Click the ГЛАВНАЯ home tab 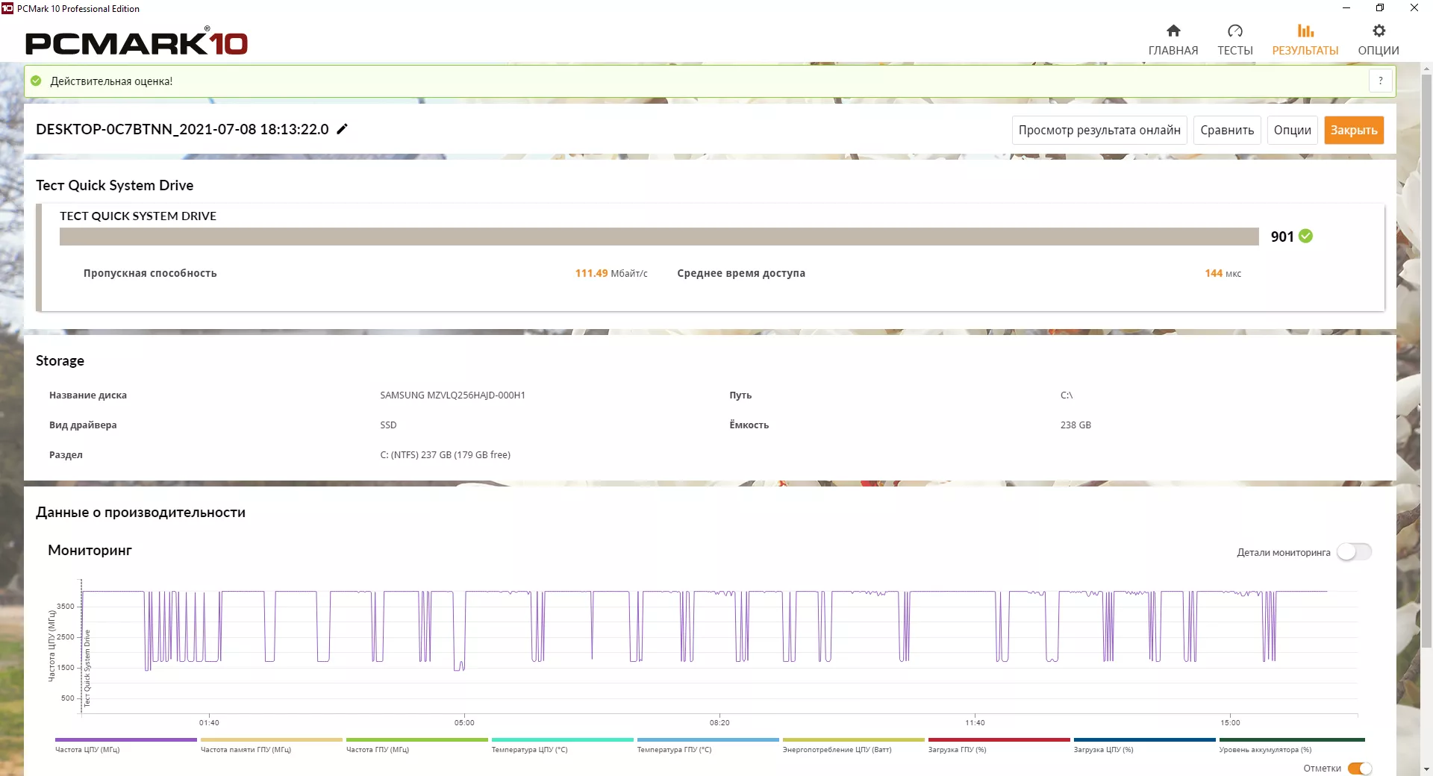tap(1173, 40)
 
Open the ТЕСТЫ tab tap(1234, 40)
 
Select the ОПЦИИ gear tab tap(1378, 40)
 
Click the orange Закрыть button tap(1354, 130)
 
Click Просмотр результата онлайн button tap(1099, 130)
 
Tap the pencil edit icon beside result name tap(343, 129)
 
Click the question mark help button tap(1381, 81)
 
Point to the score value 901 tap(1281, 237)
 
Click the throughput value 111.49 tap(591, 273)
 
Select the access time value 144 tap(1214, 273)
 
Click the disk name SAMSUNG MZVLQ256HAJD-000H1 tap(452, 395)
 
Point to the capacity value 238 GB tap(1075, 425)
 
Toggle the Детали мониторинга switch tap(1354, 552)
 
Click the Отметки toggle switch tap(1360, 769)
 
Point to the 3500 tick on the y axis tap(66, 606)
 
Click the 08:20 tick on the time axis tap(719, 722)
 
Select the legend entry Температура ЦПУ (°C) tap(529, 749)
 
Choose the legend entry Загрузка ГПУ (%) tap(957, 749)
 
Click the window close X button tap(1414, 8)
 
